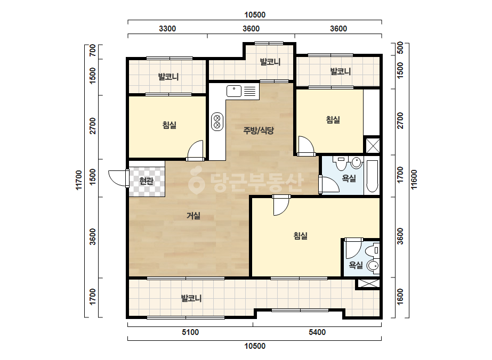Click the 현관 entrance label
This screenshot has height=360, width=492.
146,181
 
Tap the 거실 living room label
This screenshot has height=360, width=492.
193,216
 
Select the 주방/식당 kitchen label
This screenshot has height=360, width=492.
259,130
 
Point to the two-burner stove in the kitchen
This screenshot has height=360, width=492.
217,121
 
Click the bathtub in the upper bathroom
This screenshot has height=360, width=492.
372,176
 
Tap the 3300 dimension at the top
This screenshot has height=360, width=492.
167,29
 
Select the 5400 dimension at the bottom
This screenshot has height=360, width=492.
317,332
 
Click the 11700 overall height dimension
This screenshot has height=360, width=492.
78,179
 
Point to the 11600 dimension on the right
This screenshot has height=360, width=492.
414,179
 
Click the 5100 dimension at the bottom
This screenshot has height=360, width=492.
190,332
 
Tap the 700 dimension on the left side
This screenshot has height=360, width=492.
93,51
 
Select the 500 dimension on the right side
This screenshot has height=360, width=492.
400,48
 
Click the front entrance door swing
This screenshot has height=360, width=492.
117,178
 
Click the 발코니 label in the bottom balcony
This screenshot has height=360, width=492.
191,298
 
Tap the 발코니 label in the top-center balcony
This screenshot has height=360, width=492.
270,62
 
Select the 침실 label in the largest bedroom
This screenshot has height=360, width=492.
300,235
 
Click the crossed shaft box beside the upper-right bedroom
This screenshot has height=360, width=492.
373,145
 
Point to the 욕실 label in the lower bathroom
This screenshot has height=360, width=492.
356,265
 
